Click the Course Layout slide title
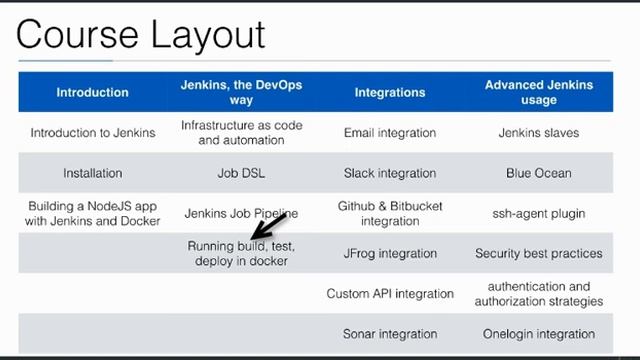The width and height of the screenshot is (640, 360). (141, 34)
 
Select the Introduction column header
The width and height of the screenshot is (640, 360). (92, 92)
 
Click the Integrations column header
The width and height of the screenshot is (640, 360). (390, 92)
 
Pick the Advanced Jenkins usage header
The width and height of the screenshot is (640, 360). (539, 92)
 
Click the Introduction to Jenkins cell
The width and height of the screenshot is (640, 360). (92, 133)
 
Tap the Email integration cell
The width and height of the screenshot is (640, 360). (390, 133)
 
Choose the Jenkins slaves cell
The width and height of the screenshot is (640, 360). (539, 133)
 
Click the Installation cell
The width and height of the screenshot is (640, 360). (92, 173)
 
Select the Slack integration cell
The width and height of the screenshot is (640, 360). (390, 173)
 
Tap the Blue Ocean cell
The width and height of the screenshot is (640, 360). (539, 173)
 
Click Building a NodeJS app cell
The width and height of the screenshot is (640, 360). (92, 213)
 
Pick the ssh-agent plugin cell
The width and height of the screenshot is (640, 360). (539, 213)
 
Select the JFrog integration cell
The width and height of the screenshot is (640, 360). (390, 253)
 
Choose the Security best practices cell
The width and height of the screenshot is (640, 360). (539, 253)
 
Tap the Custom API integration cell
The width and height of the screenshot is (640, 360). (390, 294)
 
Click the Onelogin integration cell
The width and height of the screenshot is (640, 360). (539, 334)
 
